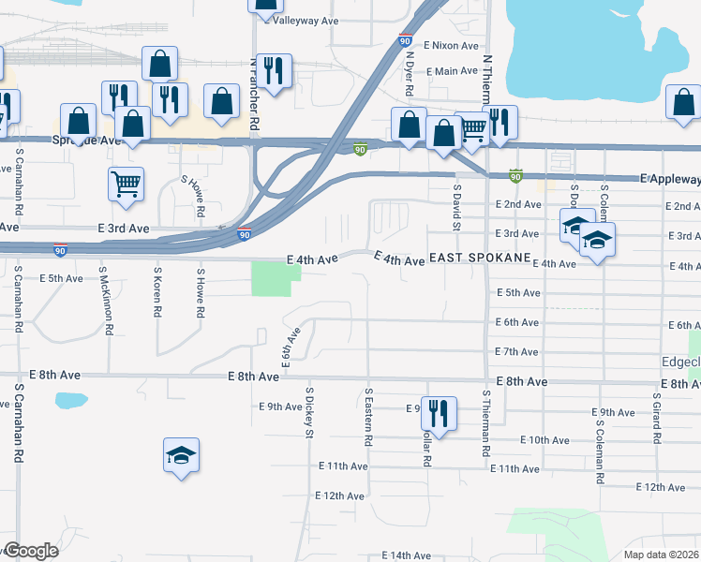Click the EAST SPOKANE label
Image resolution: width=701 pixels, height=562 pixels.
tap(480, 258)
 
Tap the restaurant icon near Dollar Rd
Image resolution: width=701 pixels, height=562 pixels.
tap(438, 412)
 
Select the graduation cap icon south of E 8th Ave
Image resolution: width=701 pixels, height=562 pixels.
tap(181, 456)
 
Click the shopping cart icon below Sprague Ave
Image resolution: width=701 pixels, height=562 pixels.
tap(125, 184)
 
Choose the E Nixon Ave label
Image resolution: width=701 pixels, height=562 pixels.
tap(451, 45)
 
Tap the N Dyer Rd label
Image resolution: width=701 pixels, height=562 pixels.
tap(410, 74)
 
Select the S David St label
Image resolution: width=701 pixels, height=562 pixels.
tap(457, 207)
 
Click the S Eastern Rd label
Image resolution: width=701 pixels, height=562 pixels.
tap(369, 416)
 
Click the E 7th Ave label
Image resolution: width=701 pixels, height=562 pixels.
tap(516, 351)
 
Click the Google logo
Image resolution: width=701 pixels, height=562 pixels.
tap(30, 551)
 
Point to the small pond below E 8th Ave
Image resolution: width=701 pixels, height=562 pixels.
tap(69, 401)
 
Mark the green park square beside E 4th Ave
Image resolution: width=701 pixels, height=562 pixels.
tap(276, 278)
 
